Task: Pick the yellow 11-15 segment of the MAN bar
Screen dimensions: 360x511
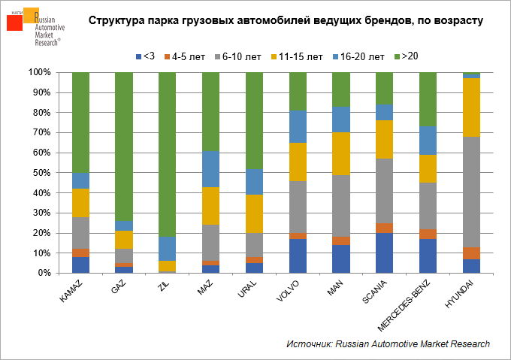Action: click(341, 153)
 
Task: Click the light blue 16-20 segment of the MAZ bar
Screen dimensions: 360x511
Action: click(211, 169)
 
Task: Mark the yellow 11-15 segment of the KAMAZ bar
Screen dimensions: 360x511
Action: click(80, 203)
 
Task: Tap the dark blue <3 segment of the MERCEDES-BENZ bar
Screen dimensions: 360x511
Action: click(428, 256)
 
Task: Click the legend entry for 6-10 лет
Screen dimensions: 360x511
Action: click(239, 57)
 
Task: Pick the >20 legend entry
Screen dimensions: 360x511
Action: click(410, 57)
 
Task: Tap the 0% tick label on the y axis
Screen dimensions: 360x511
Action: click(42, 273)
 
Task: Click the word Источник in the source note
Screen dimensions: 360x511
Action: click(309, 343)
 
